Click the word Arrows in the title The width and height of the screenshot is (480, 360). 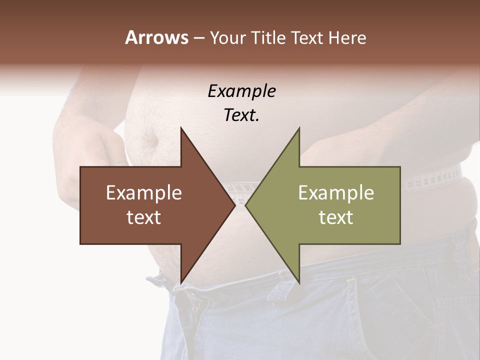pyautogui.click(x=156, y=37)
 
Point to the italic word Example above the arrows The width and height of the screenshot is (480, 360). pyautogui.click(x=241, y=91)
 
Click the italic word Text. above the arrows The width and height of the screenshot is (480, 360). pyautogui.click(x=241, y=115)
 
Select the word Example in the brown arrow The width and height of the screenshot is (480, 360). pyautogui.click(x=144, y=193)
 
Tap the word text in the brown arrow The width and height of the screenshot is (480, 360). pyautogui.click(x=144, y=217)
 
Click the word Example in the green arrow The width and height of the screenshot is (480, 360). pyautogui.click(x=336, y=193)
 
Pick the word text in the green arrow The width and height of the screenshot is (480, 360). pyautogui.click(x=336, y=217)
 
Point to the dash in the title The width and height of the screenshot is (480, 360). pyautogui.click(x=198, y=38)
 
